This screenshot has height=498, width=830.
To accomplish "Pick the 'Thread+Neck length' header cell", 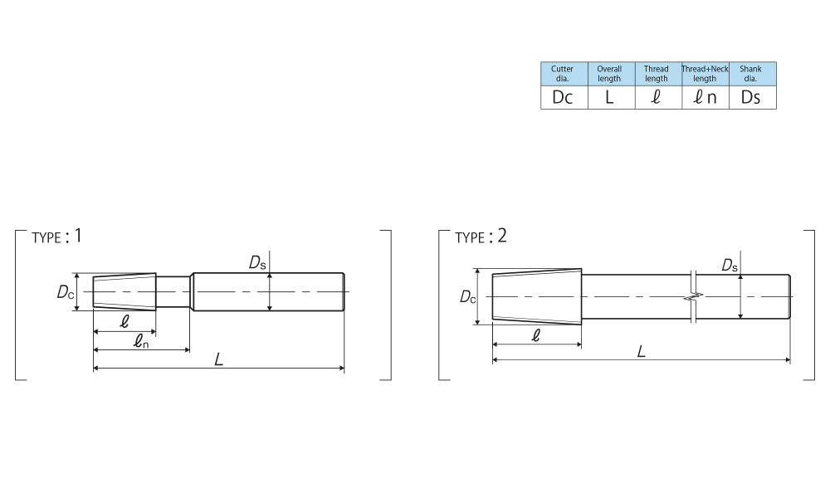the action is click(x=705, y=74).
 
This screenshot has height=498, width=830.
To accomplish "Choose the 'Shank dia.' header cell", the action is click(x=753, y=74).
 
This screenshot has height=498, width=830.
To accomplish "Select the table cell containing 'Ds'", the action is click(x=753, y=97).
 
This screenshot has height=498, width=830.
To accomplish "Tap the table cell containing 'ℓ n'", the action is click(x=705, y=97).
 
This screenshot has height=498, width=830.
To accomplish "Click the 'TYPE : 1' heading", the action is click(x=56, y=237).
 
